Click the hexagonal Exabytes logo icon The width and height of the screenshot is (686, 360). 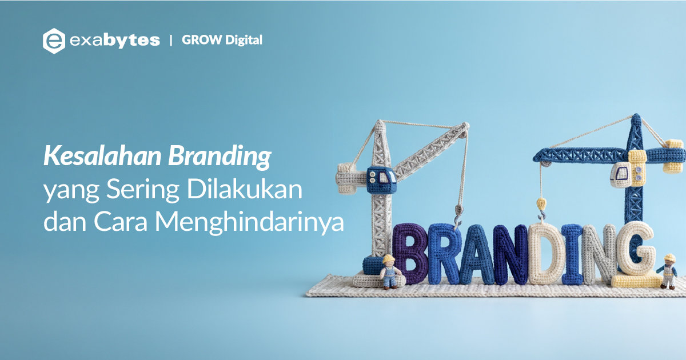click(x=54, y=41)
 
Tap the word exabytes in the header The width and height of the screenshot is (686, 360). click(x=115, y=41)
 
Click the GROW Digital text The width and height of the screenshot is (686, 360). click(x=222, y=40)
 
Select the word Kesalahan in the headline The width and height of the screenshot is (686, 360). click(x=102, y=156)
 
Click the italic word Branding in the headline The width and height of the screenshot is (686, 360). click(x=220, y=157)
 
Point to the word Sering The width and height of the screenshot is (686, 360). click(x=143, y=190)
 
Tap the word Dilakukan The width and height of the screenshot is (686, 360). click(x=245, y=189)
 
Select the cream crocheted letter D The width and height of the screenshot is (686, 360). click(x=545, y=254)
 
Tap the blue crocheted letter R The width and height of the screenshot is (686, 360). click(x=444, y=254)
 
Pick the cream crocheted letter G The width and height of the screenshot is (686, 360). click(x=636, y=249)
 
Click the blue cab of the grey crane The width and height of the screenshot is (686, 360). click(x=381, y=181)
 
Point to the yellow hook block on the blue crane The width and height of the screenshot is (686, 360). click(x=541, y=204)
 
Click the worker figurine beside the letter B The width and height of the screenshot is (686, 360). click(x=389, y=271)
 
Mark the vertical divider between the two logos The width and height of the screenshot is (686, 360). click(x=171, y=41)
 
